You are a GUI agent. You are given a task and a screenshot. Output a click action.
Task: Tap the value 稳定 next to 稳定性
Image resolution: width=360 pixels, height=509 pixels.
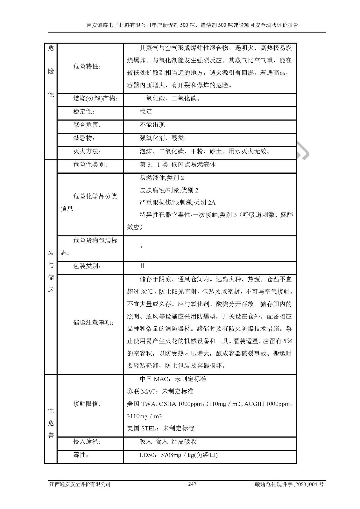(146, 112)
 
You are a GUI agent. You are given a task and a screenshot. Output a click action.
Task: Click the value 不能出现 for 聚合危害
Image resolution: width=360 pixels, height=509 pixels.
(152, 125)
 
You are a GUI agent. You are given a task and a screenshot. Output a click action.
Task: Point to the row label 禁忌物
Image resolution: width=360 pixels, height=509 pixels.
(84, 138)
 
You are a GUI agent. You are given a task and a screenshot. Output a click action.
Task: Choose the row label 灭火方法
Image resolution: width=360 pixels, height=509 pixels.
(87, 151)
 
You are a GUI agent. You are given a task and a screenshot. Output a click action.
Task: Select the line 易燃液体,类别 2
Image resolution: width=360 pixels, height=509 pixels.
(162, 178)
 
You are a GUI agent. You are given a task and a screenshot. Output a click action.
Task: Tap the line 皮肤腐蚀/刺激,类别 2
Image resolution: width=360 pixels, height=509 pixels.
(169, 190)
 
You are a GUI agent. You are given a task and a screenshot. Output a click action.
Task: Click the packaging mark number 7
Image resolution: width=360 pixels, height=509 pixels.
(141, 247)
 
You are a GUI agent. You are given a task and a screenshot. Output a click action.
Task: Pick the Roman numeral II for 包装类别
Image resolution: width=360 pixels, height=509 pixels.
(142, 266)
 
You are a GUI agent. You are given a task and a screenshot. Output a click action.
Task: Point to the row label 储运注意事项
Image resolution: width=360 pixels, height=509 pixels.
(94, 323)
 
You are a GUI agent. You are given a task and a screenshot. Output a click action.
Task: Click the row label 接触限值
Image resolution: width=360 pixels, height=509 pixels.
(87, 404)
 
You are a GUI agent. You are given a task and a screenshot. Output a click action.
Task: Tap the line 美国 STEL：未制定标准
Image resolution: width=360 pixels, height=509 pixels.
(160, 428)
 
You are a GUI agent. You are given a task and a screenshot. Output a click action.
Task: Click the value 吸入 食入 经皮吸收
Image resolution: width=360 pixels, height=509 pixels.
(168, 442)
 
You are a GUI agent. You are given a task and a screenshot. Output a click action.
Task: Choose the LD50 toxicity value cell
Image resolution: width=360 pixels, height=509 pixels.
(178, 455)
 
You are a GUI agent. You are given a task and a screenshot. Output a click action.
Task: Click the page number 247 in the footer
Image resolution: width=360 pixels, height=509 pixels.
(192, 484)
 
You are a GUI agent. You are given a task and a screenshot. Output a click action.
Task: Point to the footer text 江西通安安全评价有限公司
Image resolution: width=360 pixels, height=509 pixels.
(80, 484)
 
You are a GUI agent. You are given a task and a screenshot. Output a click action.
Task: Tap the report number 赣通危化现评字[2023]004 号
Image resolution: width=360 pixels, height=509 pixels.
(289, 484)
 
